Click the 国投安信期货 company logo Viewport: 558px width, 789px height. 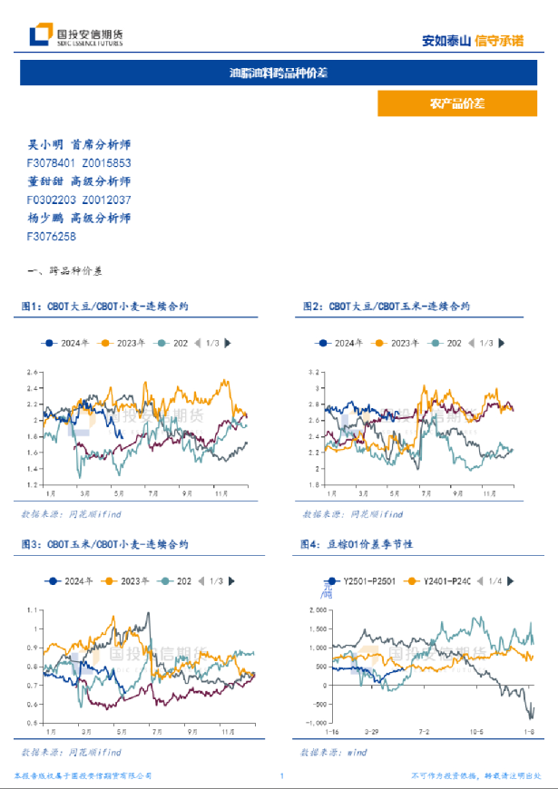tap(76, 35)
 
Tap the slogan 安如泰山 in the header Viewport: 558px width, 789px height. tap(446, 41)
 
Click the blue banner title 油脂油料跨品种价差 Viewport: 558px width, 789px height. tap(278, 73)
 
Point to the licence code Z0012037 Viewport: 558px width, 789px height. tap(106, 200)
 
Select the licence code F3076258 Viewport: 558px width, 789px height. tap(52, 237)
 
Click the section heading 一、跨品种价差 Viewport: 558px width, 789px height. tap(66, 271)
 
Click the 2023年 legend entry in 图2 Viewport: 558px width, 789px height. tap(398, 343)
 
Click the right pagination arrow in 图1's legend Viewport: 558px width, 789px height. tap(227, 343)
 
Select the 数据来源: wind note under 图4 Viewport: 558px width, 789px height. tap(338, 753)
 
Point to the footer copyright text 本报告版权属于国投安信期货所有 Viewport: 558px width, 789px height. tap(83, 776)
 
